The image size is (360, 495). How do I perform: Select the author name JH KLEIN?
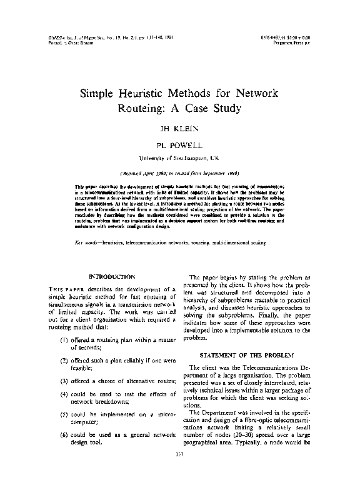pyautogui.click(x=179, y=130)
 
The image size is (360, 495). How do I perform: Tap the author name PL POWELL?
pyautogui.click(x=179, y=144)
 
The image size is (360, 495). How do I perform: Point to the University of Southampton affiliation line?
pyautogui.click(x=179, y=156)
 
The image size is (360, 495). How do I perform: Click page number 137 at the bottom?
pyautogui.click(x=179, y=469)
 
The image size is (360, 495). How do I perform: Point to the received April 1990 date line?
pyautogui.click(x=179, y=172)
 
